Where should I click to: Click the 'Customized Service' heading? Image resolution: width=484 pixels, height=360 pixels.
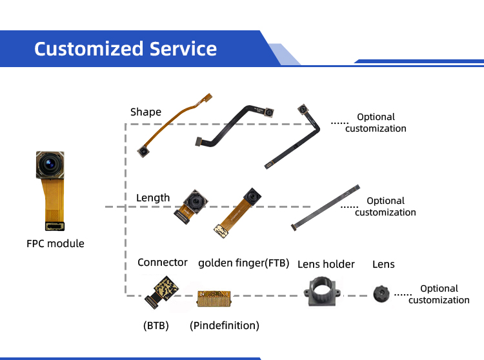(x=125, y=48)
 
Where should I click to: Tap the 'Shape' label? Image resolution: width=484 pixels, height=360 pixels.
(x=146, y=112)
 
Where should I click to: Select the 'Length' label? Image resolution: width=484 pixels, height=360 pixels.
(x=153, y=197)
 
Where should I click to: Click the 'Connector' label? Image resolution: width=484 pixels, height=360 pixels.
(x=163, y=262)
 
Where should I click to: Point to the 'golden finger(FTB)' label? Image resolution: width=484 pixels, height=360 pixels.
(x=244, y=263)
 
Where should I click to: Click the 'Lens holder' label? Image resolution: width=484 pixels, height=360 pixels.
(x=326, y=264)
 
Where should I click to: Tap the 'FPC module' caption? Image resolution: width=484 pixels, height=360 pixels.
(x=55, y=243)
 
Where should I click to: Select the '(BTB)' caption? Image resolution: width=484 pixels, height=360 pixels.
(x=156, y=326)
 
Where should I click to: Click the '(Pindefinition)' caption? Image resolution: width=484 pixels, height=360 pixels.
(x=225, y=326)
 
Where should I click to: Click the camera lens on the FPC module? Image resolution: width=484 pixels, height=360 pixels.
(x=49, y=165)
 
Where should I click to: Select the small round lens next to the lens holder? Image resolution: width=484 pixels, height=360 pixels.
(x=381, y=295)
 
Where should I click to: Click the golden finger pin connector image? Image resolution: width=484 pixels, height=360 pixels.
(x=214, y=298)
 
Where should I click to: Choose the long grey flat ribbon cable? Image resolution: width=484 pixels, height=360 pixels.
(x=325, y=206)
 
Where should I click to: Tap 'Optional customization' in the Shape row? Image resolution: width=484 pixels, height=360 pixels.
(x=376, y=123)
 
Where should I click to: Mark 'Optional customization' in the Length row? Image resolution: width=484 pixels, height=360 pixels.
(x=385, y=206)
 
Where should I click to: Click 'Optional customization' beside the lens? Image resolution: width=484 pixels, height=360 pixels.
(x=439, y=294)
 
